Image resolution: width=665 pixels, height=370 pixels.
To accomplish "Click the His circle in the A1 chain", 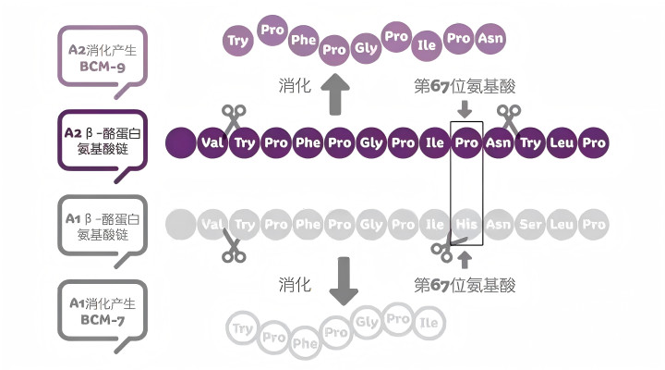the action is (x=466, y=224).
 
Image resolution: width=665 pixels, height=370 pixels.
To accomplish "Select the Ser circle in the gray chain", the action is (x=530, y=224).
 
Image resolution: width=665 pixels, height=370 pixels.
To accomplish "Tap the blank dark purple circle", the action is (x=181, y=142).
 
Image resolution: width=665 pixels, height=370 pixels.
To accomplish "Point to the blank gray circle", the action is (x=181, y=224).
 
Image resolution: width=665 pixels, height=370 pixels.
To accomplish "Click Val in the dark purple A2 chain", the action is (x=212, y=142).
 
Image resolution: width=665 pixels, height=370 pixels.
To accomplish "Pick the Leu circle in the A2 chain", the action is (x=562, y=142).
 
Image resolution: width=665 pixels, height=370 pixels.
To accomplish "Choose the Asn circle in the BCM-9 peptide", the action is (x=490, y=39).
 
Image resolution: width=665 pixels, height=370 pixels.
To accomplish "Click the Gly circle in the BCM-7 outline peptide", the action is (x=368, y=322).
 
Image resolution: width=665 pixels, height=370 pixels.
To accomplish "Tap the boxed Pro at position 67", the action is (x=466, y=142).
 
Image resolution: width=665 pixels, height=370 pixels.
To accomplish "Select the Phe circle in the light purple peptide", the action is (x=303, y=41).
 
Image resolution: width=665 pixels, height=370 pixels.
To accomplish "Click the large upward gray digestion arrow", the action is (x=335, y=93).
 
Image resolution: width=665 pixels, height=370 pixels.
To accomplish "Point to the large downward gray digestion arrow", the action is (x=344, y=281).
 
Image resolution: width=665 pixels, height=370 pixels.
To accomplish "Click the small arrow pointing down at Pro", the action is (x=465, y=109).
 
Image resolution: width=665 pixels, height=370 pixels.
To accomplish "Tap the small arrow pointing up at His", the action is (x=465, y=260).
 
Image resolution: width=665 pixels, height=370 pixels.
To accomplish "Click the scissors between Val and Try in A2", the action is (x=234, y=119).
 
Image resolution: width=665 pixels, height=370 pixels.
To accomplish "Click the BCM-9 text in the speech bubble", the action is (x=103, y=67).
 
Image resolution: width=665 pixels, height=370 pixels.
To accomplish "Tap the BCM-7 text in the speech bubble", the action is (x=103, y=320).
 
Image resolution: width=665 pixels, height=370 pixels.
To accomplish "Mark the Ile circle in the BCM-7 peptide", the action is (x=429, y=323).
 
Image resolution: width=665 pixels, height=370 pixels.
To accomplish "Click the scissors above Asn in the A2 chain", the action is (x=509, y=120).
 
